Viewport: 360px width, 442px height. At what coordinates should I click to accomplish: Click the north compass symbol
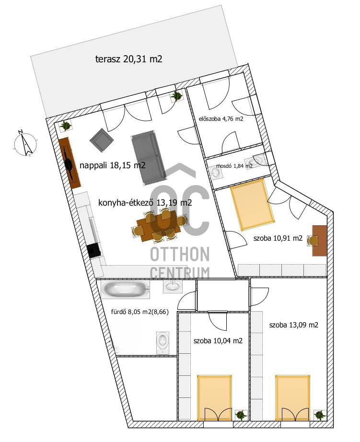25,143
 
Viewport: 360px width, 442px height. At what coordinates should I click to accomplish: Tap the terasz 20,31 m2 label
128,59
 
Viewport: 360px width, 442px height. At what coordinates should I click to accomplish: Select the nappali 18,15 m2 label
113,165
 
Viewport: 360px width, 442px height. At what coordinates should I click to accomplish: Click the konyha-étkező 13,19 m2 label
145,203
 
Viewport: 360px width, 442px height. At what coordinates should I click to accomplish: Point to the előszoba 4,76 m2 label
221,119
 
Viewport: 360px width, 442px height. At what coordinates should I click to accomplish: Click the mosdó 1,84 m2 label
234,166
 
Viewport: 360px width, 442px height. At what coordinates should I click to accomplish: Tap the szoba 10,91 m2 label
278,238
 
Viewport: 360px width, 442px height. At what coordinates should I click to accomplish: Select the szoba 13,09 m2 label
294,325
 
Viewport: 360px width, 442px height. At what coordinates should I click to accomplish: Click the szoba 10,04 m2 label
218,341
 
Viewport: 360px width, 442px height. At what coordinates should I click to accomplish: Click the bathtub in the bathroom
126,290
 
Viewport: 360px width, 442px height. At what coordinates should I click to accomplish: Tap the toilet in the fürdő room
163,342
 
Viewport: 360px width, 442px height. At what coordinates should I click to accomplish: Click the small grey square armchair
101,140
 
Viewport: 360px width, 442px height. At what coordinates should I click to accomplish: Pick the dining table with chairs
159,226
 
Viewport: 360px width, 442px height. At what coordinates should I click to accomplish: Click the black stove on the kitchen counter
93,250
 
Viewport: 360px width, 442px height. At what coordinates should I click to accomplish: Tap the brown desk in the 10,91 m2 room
319,241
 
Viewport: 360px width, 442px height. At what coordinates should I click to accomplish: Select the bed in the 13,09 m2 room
292,397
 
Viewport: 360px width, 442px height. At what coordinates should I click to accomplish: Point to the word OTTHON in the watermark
180,254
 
